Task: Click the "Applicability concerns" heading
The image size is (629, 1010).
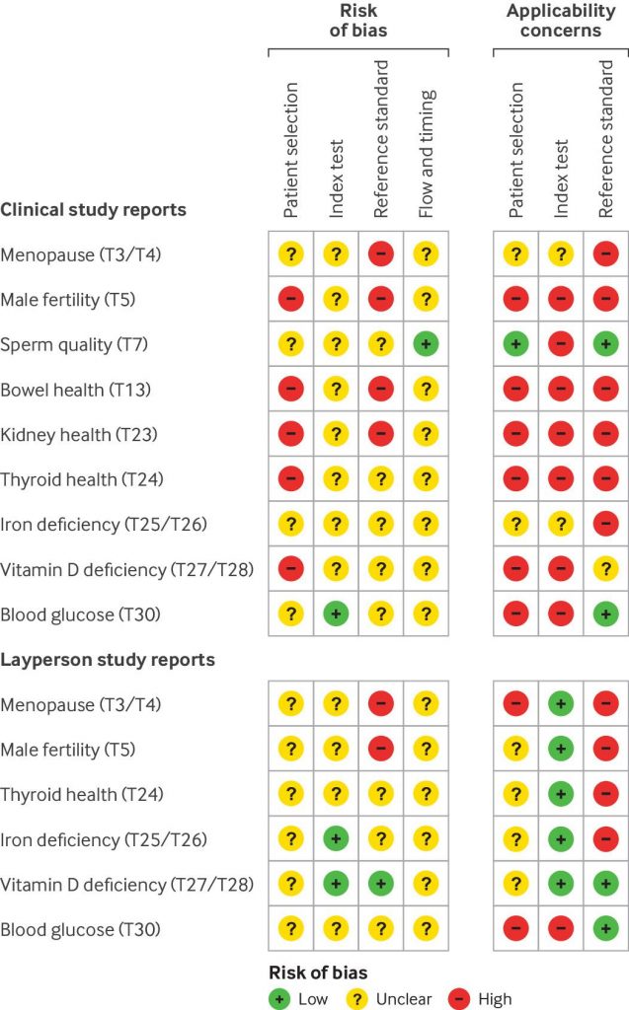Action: click(x=561, y=21)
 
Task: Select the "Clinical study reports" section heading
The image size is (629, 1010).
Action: click(x=94, y=210)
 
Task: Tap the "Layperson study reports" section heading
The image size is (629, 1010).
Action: click(x=108, y=660)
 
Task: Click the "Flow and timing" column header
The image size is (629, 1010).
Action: click(x=427, y=154)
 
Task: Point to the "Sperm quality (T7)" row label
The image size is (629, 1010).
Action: click(x=74, y=344)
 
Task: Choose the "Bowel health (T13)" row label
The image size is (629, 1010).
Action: click(x=75, y=390)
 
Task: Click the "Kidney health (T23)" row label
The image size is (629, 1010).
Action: click(x=79, y=435)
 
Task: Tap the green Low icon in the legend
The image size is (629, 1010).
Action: click(x=279, y=999)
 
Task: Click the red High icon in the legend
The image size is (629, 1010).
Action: click(x=459, y=999)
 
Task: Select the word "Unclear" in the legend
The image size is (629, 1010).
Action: click(x=404, y=999)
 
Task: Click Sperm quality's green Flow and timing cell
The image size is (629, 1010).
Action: click(x=426, y=344)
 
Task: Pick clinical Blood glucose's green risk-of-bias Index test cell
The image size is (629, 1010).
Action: click(x=336, y=613)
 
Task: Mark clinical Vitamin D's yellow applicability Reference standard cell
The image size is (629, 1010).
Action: click(x=605, y=569)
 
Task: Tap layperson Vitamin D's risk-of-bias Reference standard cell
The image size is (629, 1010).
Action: click(x=380, y=884)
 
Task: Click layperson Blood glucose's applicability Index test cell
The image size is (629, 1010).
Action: click(x=561, y=929)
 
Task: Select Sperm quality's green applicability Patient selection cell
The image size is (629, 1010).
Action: click(x=515, y=344)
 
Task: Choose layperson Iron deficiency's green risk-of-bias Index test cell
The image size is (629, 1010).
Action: click(x=336, y=838)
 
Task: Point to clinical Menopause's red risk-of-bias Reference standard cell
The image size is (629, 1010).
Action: click(x=380, y=253)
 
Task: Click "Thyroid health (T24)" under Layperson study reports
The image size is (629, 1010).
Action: click(x=82, y=794)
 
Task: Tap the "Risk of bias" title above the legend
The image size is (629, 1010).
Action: click(x=318, y=973)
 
